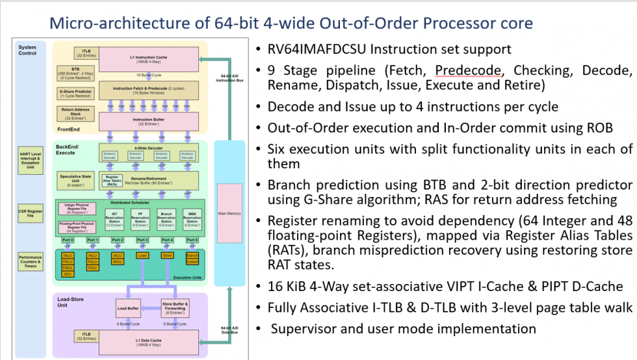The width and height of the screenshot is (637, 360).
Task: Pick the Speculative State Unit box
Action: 75,180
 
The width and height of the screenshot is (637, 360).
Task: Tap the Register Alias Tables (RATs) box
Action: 112,181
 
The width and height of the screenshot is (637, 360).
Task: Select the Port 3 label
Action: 142,240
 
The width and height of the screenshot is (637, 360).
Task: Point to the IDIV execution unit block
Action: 68,274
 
